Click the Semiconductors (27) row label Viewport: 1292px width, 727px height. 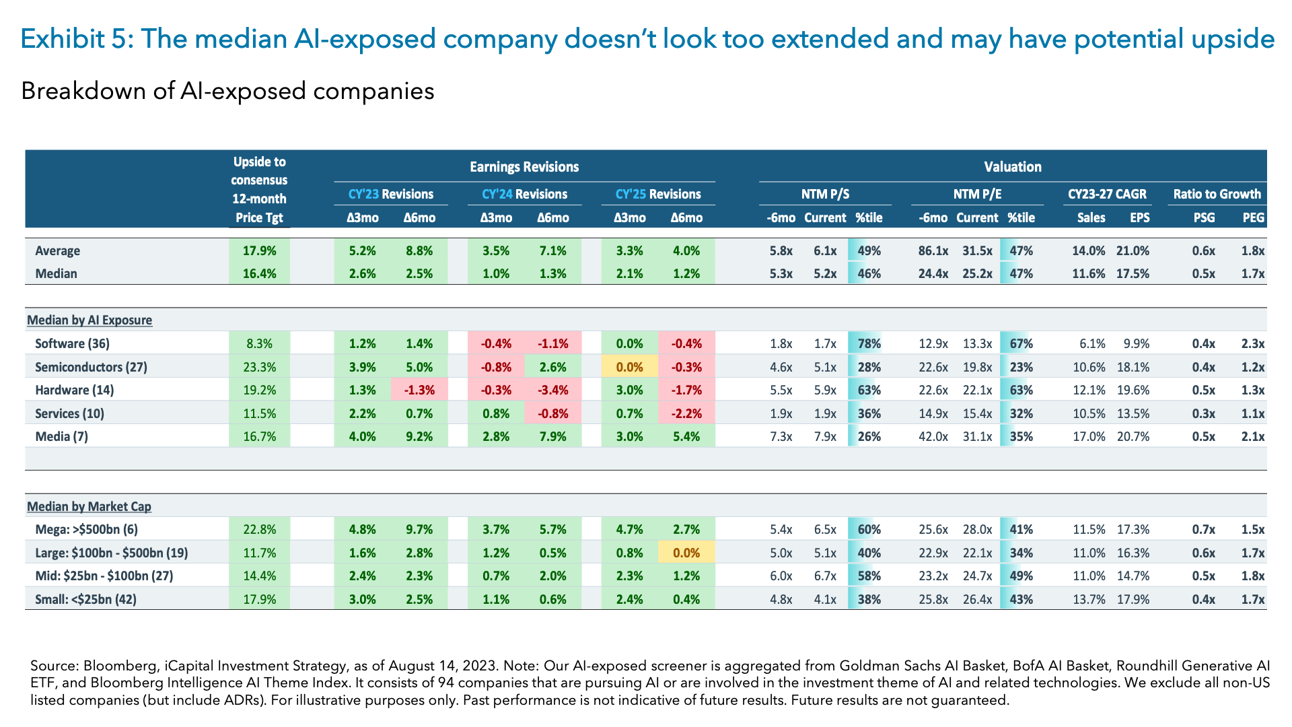coord(91,367)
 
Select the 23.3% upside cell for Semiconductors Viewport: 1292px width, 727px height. coord(259,367)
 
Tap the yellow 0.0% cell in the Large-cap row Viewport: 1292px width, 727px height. coord(686,553)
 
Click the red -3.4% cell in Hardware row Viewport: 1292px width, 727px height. coord(553,390)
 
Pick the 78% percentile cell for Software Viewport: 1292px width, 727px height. coord(869,343)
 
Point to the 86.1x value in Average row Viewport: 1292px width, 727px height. coord(933,250)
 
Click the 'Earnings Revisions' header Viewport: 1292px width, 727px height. coord(524,166)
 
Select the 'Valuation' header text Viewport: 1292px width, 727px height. coord(1012,166)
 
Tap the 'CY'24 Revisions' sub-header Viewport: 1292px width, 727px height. coord(524,194)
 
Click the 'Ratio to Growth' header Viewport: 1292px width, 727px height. coord(1217,194)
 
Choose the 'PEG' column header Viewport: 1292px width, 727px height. coord(1253,217)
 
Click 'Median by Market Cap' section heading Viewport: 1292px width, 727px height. coord(89,506)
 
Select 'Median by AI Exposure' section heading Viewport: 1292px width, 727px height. coord(89,320)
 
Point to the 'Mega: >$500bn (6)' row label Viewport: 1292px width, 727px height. coord(86,529)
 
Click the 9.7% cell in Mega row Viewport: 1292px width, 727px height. coord(419,529)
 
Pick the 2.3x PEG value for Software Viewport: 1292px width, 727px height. coord(1252,343)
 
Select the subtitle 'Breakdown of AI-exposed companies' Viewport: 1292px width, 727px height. coord(227,90)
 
